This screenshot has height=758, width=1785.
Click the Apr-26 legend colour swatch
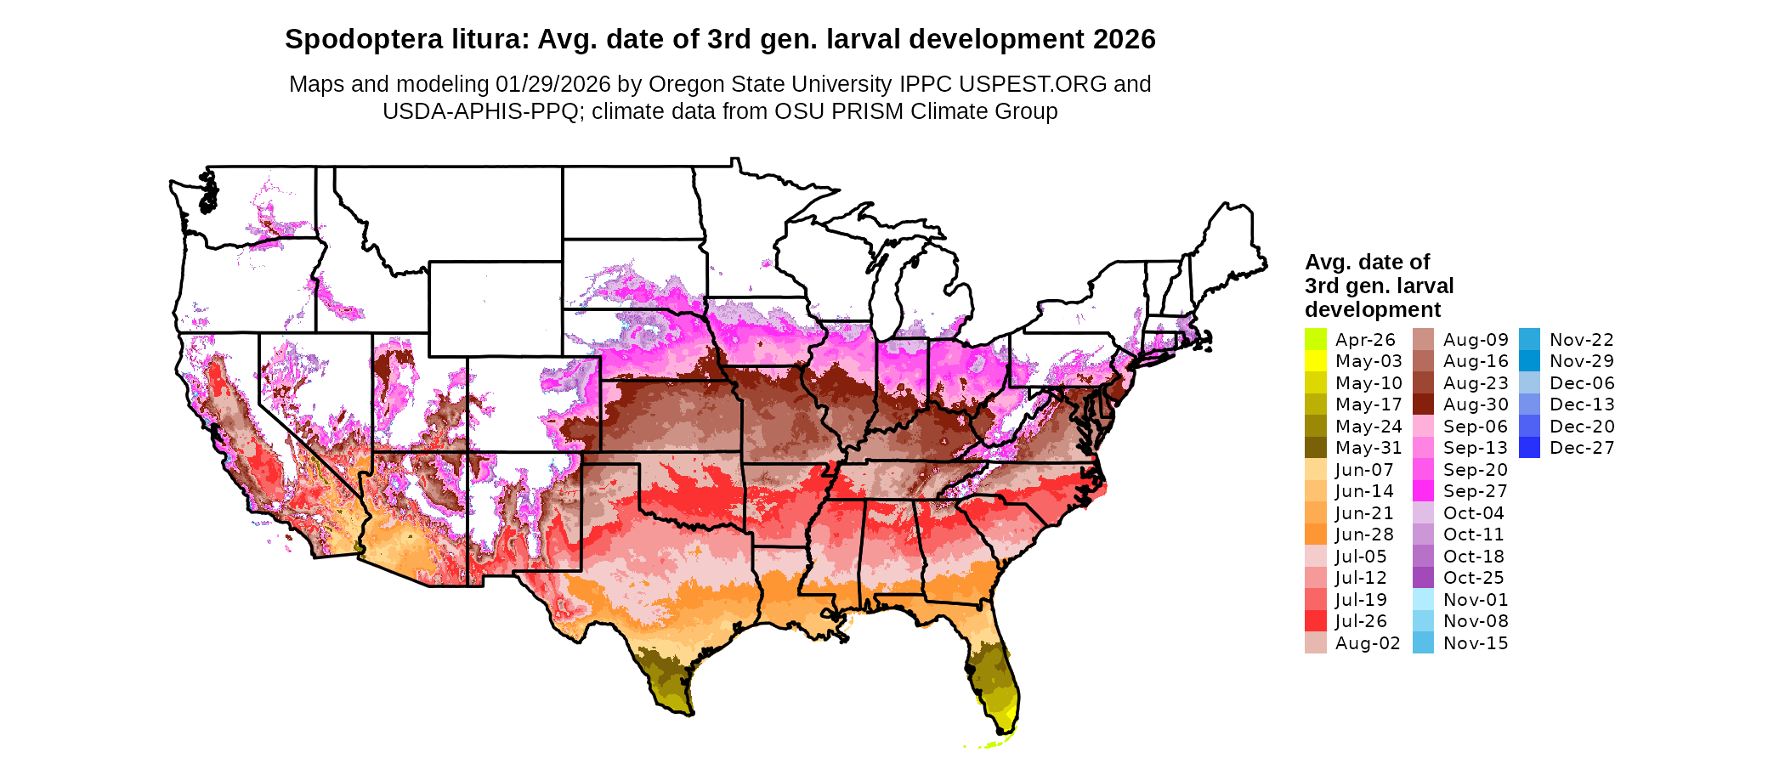pyautogui.click(x=1315, y=339)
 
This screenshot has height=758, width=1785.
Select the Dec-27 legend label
pyautogui.click(x=1582, y=448)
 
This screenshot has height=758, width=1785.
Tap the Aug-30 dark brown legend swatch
pyautogui.click(x=1423, y=404)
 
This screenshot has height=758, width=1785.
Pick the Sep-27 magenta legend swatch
pyautogui.click(x=1423, y=491)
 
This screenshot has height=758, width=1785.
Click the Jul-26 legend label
pyautogui.click(x=1361, y=621)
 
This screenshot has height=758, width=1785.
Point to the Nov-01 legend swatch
pyautogui.click(x=1423, y=599)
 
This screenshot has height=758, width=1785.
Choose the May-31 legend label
pyautogui.click(x=1368, y=448)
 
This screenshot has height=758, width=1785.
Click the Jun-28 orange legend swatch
pyautogui.click(x=1315, y=535)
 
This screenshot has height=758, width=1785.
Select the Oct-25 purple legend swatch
pyautogui.click(x=1423, y=578)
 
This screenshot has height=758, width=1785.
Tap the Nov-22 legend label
pyautogui.click(x=1582, y=340)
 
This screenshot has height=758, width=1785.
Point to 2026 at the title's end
pyautogui.click(x=1125, y=39)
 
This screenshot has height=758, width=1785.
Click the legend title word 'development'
pyautogui.click(x=1373, y=309)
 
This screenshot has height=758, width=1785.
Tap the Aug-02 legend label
pyautogui.click(x=1368, y=643)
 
